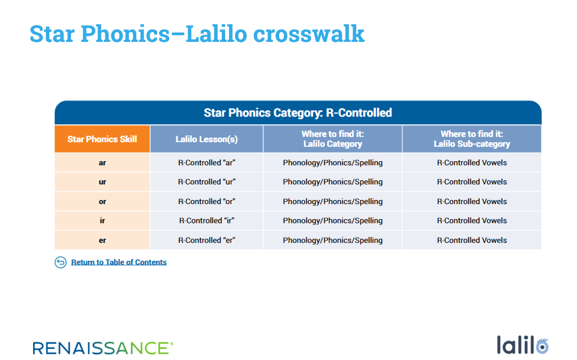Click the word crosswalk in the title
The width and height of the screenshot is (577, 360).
click(309, 34)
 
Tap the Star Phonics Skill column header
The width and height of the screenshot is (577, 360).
click(102, 139)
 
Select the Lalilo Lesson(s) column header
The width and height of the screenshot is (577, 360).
click(206, 139)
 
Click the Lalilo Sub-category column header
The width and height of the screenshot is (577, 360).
click(472, 139)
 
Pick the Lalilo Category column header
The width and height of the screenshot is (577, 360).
click(333, 139)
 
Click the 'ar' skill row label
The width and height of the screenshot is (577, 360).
click(102, 163)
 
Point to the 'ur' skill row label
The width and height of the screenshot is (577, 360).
click(102, 182)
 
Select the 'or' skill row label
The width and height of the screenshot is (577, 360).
click(102, 202)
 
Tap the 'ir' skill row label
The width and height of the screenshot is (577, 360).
click(102, 221)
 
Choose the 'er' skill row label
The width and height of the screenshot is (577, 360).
click(102, 240)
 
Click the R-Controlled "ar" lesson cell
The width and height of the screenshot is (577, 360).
click(207, 163)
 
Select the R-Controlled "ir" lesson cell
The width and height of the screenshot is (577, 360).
click(207, 221)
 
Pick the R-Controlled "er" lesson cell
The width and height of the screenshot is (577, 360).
click(207, 240)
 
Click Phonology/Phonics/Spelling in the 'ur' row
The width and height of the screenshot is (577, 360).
click(333, 182)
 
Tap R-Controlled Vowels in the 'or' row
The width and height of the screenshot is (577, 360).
click(472, 202)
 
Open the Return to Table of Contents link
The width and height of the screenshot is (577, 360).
click(119, 262)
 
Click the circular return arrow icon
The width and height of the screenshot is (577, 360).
click(61, 262)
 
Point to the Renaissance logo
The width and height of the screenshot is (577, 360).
click(103, 348)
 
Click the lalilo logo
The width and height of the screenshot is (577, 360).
click(522, 345)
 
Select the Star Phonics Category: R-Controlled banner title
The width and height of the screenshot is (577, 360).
click(298, 113)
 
